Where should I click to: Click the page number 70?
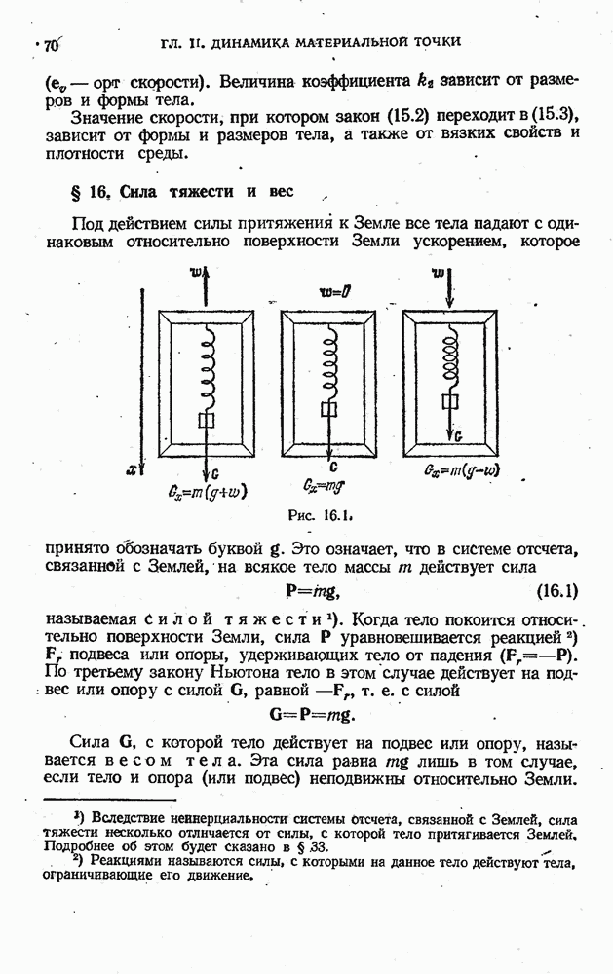[x=51, y=45]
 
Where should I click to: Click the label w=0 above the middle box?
[x=334, y=292]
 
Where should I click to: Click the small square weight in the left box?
[x=207, y=421]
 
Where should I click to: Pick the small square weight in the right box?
[x=450, y=401]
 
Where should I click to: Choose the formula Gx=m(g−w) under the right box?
[x=463, y=472]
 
